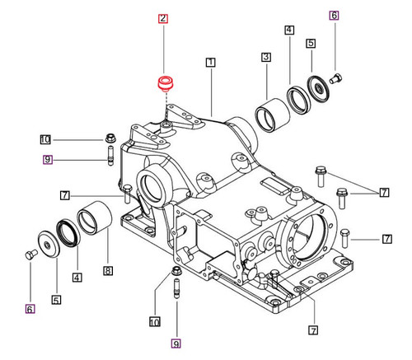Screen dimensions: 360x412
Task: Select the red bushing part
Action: (x=168, y=83)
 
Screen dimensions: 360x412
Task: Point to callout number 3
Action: (x=266, y=57)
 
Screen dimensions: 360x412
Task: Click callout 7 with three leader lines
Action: (x=384, y=193)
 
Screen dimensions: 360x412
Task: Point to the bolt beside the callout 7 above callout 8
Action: (x=126, y=195)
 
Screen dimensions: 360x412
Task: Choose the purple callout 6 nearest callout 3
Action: (x=333, y=14)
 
